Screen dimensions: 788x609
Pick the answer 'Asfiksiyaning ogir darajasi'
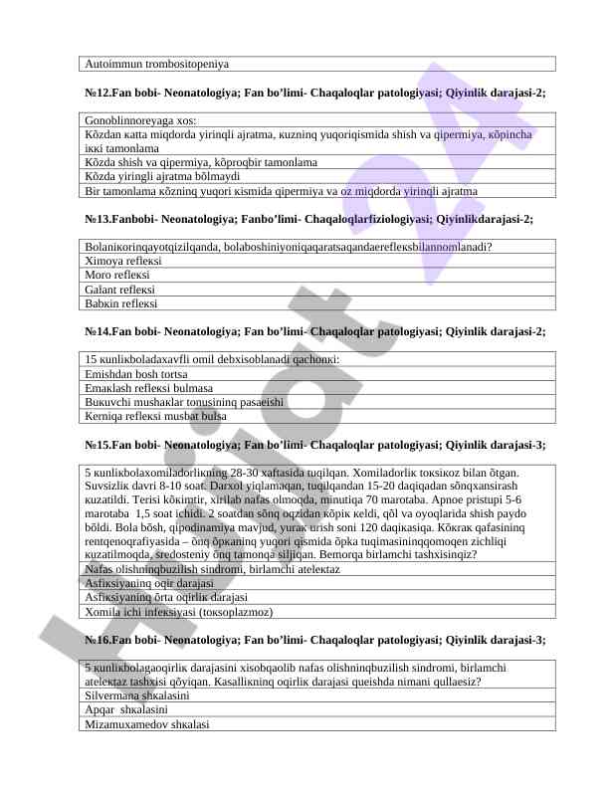coord(150,583)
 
